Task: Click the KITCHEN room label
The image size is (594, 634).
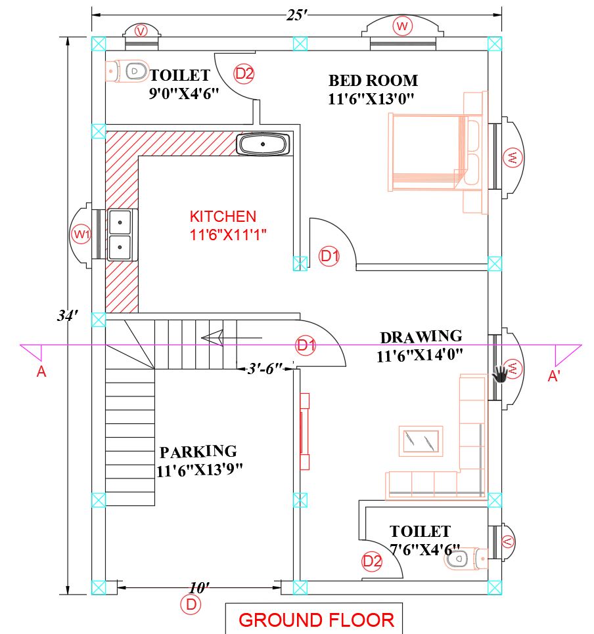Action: [223, 217]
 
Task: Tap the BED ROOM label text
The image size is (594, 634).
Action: [373, 81]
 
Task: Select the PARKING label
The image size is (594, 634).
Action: [198, 452]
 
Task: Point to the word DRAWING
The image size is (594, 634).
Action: [421, 337]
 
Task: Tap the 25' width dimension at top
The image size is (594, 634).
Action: [297, 15]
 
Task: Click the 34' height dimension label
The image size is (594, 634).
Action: [67, 315]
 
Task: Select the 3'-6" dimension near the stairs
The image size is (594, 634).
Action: [265, 368]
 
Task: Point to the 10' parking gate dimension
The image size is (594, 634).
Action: [199, 587]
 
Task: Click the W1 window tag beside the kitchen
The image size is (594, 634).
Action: [81, 234]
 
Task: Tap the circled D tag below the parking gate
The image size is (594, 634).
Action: [191, 604]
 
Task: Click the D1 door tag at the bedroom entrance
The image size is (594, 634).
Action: [329, 256]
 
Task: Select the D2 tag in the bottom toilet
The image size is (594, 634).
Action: [372, 561]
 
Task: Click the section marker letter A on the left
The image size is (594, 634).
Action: [41, 371]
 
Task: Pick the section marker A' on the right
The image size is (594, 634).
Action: [553, 376]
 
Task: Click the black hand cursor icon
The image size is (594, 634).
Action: [500, 373]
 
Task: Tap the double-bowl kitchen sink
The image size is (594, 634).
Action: [120, 235]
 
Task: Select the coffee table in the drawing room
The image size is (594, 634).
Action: [421, 441]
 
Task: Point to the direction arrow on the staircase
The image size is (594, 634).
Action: [231, 337]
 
